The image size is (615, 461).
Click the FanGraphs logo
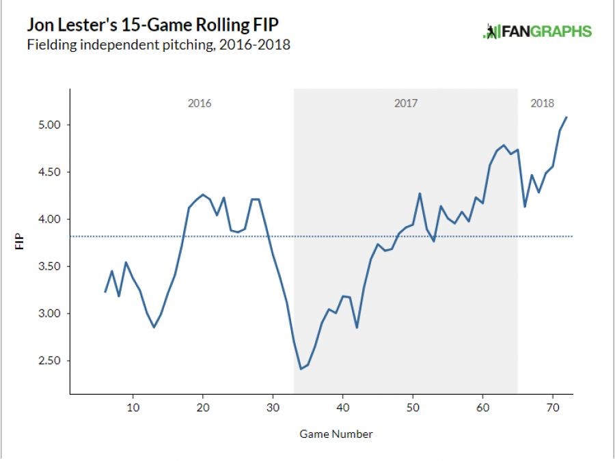click(537, 31)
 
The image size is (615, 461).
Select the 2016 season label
click(200, 104)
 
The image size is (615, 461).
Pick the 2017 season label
click(406, 104)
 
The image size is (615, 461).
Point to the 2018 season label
click(543, 104)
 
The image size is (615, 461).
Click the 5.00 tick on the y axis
click(51, 125)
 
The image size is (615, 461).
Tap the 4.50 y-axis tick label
click(51, 172)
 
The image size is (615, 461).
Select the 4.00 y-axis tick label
click(51, 219)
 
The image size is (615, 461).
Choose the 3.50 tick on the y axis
click(51, 266)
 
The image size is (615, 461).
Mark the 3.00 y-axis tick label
click(51, 313)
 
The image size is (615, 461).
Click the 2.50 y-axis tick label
click(51, 361)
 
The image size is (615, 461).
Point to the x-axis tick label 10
click(133, 408)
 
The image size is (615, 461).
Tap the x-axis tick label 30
click(273, 408)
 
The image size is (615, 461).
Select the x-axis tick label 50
click(412, 408)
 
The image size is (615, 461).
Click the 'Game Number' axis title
click(336, 434)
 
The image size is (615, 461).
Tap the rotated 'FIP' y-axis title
click(20, 242)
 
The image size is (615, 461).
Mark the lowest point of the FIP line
click(301, 369)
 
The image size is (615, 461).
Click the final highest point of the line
click(566, 117)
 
